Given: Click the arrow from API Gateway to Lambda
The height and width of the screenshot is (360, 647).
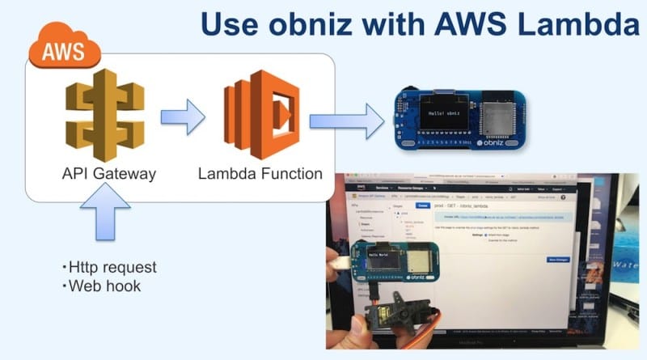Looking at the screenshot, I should click(x=184, y=116).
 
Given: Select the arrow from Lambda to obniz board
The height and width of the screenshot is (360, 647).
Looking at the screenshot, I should click(x=349, y=122).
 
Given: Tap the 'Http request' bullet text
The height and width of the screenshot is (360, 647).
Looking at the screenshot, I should click(x=108, y=267).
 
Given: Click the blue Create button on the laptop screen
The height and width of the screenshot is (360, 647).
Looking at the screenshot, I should click(x=423, y=206).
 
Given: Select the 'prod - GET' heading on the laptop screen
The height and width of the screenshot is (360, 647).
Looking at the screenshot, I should click(x=463, y=207).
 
